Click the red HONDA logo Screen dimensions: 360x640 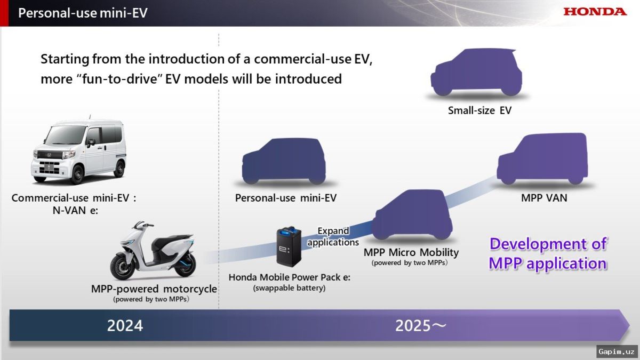(x=595, y=11)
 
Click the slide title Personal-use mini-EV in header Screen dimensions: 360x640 (x=83, y=13)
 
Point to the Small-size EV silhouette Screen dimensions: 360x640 (x=476, y=74)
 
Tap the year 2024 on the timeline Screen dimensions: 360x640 (x=125, y=325)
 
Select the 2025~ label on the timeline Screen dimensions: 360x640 (x=421, y=325)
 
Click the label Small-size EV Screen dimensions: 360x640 (x=479, y=111)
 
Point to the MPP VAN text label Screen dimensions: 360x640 (x=544, y=198)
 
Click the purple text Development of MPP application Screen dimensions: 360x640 (x=548, y=253)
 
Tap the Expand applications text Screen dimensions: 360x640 (x=333, y=236)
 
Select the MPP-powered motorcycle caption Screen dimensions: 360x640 (x=154, y=289)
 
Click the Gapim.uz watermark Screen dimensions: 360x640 (x=617, y=351)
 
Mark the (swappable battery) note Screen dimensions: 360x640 (x=290, y=288)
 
